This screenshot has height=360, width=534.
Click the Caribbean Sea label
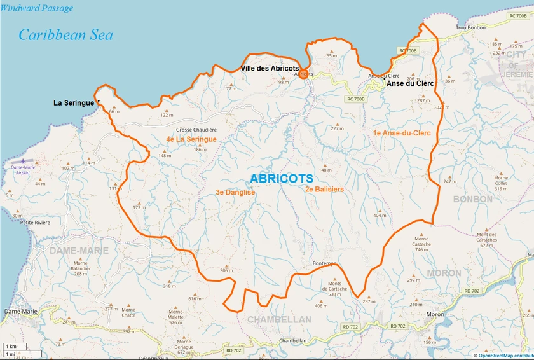(65, 34)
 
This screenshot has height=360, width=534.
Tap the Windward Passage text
(37, 8)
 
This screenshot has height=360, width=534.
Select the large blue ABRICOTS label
(282, 179)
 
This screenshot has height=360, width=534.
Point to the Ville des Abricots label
(270, 68)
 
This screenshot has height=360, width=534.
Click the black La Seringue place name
(73, 102)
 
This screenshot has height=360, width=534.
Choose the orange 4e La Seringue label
(191, 139)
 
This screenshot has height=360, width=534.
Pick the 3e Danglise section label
(235, 192)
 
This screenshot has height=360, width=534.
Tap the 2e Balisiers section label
(324, 189)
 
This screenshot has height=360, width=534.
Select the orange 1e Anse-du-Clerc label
(402, 133)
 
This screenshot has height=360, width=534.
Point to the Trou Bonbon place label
(472, 29)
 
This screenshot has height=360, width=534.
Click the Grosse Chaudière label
(196, 130)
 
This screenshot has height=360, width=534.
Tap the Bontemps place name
(324, 263)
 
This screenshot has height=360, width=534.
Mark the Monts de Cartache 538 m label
(338, 289)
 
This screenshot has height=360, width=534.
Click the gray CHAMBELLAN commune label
(279, 319)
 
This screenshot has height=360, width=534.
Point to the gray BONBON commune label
(473, 199)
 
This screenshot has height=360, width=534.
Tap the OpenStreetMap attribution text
(505, 356)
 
